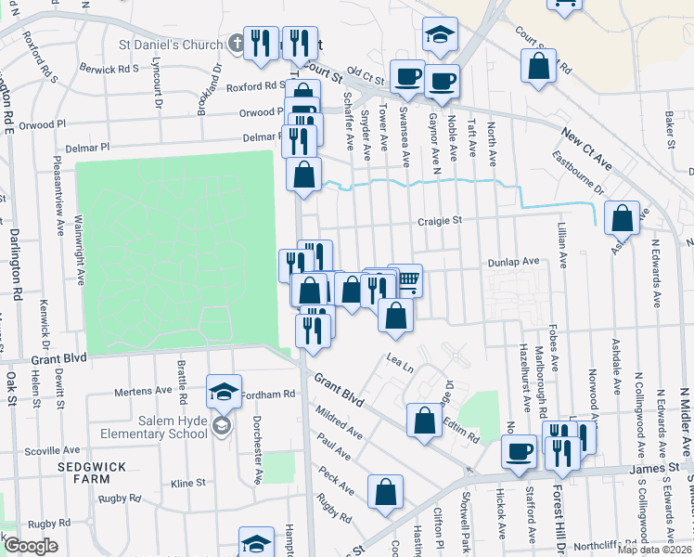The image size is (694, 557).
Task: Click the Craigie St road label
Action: click(x=440, y=221)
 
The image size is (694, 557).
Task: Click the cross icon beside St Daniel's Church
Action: click(x=237, y=44)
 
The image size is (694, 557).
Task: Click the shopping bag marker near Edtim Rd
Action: click(x=424, y=419)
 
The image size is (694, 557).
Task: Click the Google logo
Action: click(x=31, y=546)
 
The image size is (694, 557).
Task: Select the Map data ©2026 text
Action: click(x=654, y=550)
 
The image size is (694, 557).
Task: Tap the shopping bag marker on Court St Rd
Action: click(x=538, y=68)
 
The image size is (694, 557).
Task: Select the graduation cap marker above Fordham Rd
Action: click(x=225, y=391)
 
